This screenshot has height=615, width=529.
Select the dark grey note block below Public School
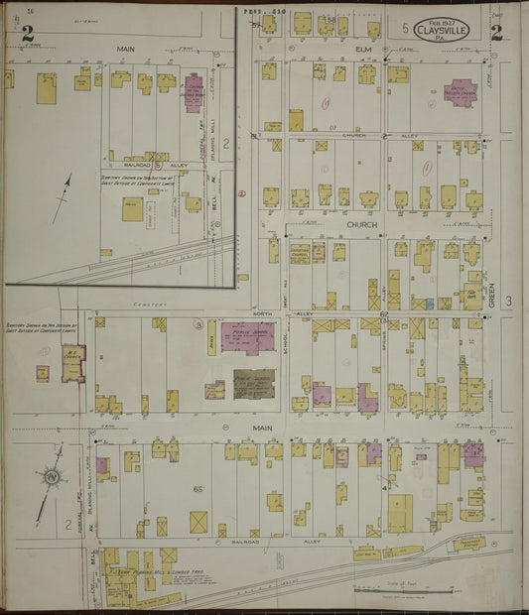coord(254,384)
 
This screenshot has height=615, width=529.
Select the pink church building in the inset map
coord(193,93)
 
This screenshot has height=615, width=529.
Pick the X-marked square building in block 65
coord(198,521)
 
